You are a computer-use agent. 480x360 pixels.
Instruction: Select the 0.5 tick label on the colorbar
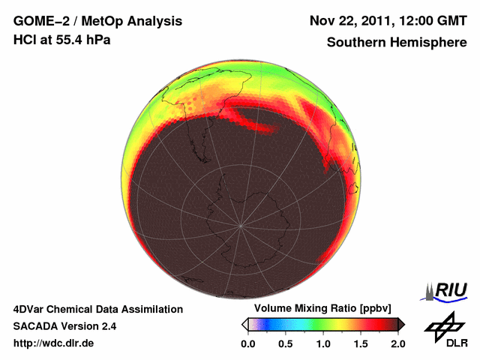tap(286, 343)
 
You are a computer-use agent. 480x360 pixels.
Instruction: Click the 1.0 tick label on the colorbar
tap(323, 343)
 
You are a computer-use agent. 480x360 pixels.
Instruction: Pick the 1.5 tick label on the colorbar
tap(361, 343)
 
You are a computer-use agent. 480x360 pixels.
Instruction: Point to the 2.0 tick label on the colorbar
tap(397, 343)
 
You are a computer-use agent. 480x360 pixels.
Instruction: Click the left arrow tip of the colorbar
tap(244, 324)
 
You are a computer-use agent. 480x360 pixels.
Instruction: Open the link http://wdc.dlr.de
tap(54, 343)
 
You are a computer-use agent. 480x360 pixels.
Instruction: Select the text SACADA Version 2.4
tap(64, 326)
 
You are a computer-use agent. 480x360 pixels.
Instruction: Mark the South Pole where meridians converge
tap(241, 225)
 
